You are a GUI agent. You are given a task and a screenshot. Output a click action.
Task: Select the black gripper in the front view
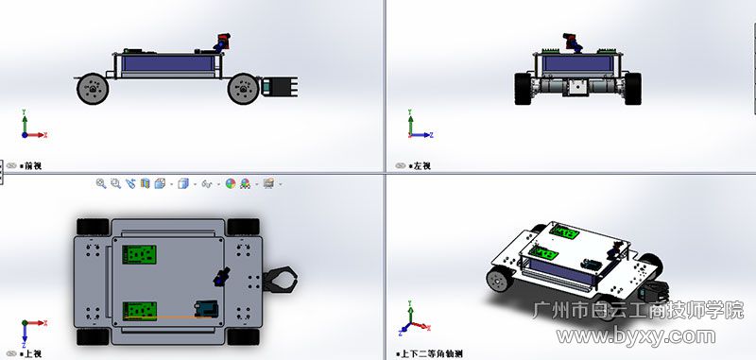click(281, 87)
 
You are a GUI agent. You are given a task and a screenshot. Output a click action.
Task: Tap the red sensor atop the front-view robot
click(225, 42)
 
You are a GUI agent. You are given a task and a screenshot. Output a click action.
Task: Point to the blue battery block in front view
click(166, 65)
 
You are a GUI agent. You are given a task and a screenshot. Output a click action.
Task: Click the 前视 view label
click(33, 165)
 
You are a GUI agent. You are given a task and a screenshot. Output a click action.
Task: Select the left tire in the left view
click(523, 87)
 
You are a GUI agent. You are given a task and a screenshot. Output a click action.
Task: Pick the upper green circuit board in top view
click(142, 254)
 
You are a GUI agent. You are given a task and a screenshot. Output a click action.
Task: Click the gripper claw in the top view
click(282, 281)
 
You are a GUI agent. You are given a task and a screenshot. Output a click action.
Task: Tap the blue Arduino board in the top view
click(204, 309)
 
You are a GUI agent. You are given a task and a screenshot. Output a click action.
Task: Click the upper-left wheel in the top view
click(93, 226)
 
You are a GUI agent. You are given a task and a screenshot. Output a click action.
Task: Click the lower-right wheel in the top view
click(244, 336)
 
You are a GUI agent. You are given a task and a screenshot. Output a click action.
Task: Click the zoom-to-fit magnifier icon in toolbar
click(100, 183)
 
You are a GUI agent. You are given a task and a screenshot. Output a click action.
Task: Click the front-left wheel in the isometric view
click(499, 281)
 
